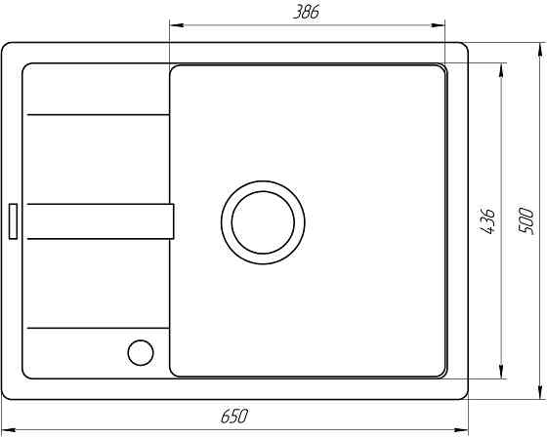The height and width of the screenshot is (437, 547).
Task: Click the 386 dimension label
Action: point(306,13)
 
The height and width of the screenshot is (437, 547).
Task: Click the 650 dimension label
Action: point(234,416)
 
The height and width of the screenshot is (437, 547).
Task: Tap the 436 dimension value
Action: point(486,221)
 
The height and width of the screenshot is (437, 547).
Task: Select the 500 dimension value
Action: point(526,221)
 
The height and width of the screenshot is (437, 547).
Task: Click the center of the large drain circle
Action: point(263,222)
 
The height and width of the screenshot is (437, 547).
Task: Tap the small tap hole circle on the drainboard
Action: point(141,353)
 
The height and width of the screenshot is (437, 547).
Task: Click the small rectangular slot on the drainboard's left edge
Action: point(13,221)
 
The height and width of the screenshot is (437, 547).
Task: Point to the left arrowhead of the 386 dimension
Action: point(177,25)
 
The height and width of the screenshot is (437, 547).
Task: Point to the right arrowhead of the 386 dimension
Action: point(438,25)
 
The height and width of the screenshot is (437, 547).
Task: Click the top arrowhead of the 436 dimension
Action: point(501,70)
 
